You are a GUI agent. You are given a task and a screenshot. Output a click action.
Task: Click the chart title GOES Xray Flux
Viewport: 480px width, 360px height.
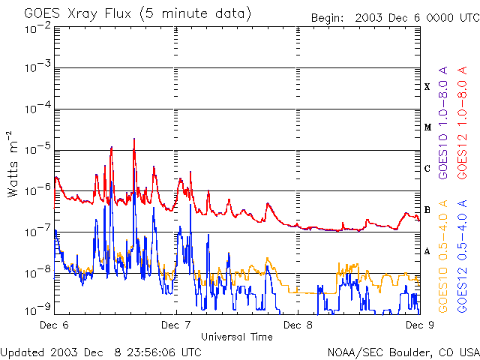(77, 14)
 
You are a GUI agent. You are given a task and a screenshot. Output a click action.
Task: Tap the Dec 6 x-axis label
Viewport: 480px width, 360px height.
(54, 325)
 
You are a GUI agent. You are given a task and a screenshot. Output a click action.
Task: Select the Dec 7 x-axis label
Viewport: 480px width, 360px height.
(175, 325)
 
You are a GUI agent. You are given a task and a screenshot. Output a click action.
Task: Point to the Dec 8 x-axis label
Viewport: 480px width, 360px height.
(298, 325)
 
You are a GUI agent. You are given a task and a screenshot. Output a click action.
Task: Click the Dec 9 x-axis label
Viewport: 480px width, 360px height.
(420, 325)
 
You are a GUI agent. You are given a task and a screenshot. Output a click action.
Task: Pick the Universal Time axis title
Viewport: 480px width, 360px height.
(237, 337)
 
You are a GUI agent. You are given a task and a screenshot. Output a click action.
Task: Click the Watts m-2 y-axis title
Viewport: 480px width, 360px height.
(13, 164)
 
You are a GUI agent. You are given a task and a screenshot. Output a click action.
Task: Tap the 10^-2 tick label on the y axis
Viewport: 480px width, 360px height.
(37, 28)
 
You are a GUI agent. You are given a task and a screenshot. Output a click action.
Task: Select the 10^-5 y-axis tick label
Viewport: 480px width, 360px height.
(37, 149)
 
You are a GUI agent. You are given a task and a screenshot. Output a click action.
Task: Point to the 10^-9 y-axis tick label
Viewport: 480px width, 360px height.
(37, 310)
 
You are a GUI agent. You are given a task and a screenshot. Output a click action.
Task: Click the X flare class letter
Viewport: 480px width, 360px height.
(427, 87)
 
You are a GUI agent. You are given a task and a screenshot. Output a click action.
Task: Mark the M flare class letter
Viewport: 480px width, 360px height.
(427, 127)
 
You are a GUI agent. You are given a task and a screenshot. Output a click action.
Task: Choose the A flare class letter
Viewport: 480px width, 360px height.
(427, 251)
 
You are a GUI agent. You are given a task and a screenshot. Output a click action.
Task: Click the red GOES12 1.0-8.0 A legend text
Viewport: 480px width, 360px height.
(462, 123)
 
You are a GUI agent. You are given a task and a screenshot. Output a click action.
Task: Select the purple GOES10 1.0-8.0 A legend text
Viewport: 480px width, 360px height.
(443, 123)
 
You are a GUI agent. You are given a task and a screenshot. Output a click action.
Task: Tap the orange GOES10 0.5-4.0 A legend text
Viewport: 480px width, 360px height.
(443, 256)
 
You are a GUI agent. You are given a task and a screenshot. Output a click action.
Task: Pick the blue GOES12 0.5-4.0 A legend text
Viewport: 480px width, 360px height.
(462, 256)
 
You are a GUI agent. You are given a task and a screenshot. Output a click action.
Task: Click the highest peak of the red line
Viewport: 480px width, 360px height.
(134, 139)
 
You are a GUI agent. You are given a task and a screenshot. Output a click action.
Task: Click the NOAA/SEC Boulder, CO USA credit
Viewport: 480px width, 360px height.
(403, 352)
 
